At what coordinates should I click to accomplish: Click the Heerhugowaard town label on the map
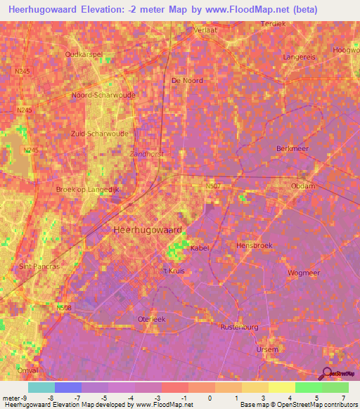pyautogui.click(x=148, y=230)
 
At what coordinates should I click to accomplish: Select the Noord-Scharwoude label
pyautogui.click(x=103, y=95)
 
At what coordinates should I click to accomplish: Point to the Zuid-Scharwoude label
pyautogui.click(x=99, y=133)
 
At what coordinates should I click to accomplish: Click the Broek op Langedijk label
pyautogui.click(x=88, y=189)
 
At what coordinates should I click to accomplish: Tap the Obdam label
pyautogui.click(x=303, y=186)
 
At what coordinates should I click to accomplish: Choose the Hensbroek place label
pyautogui.click(x=254, y=246)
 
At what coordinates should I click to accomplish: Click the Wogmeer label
pyautogui.click(x=304, y=273)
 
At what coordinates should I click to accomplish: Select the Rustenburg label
pyautogui.click(x=240, y=327)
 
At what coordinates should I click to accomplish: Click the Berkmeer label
pyautogui.click(x=292, y=149)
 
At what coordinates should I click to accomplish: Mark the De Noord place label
pyautogui.click(x=187, y=80)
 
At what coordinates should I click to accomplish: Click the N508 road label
pyautogui.click(x=64, y=306)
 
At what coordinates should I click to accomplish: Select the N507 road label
pyautogui.click(x=214, y=186)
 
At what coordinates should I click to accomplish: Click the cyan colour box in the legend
pyautogui.click(x=41, y=387)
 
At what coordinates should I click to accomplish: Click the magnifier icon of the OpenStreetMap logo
pyautogui.click(x=327, y=375)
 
